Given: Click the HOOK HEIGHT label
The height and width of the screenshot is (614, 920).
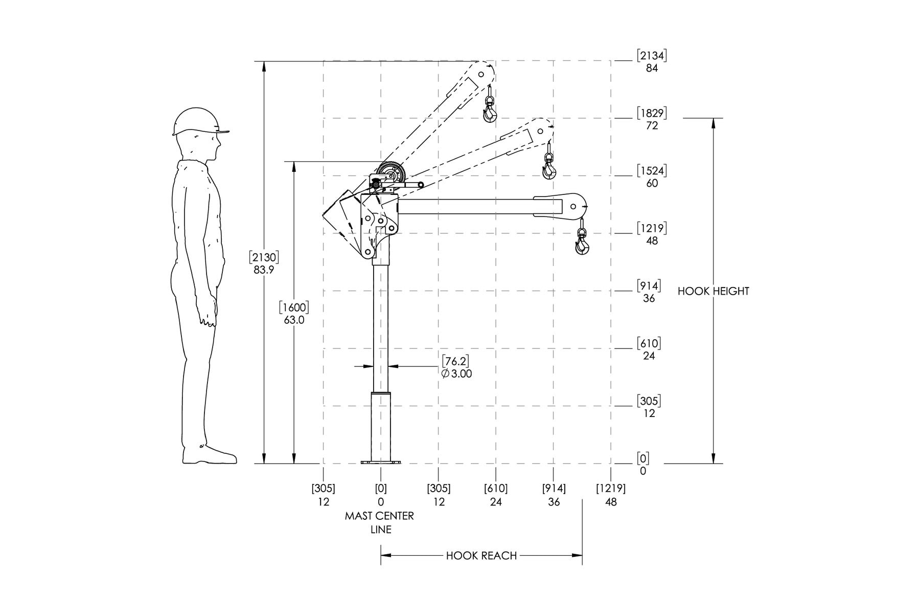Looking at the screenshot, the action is click(x=713, y=291).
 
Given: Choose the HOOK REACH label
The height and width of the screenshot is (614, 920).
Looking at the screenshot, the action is click(x=481, y=556).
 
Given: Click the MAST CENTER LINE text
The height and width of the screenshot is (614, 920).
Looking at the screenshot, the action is click(x=380, y=522).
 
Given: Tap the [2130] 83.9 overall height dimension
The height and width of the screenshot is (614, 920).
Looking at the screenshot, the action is click(x=264, y=263).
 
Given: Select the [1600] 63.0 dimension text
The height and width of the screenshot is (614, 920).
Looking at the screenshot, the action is click(x=294, y=314).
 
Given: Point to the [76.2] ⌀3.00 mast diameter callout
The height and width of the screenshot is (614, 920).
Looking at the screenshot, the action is click(x=456, y=367).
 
